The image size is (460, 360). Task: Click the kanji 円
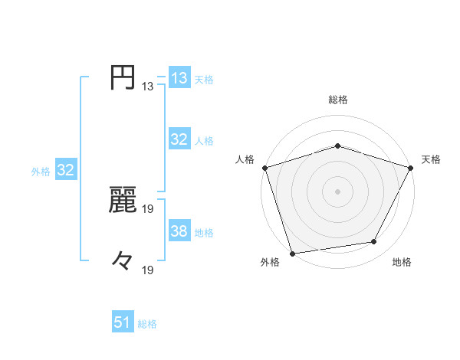123,78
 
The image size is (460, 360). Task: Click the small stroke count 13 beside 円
148,87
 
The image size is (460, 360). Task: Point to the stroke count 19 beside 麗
148,208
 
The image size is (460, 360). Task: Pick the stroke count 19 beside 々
148,270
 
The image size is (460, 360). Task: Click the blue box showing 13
179,78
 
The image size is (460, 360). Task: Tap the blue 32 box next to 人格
179,139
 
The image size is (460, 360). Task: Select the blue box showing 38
179,231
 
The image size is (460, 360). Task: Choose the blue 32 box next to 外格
65,170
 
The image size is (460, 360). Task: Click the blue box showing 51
123,322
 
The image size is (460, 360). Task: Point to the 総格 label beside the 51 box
147,324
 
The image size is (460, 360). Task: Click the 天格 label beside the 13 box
204,80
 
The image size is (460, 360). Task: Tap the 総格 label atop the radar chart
338,100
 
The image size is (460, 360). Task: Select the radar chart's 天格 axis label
432,159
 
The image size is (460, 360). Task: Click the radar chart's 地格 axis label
402,262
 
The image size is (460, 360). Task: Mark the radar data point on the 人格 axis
264,167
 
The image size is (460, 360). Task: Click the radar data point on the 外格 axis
292,253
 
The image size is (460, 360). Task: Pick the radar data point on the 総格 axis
338,146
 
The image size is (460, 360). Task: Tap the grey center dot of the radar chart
338,191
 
